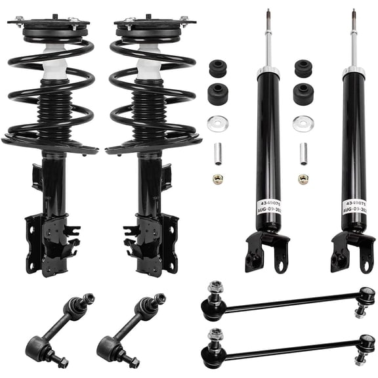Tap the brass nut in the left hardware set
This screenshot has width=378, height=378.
coord(217,178)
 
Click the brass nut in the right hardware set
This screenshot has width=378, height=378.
coord(303,178)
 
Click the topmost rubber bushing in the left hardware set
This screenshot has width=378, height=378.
coord(217,68)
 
